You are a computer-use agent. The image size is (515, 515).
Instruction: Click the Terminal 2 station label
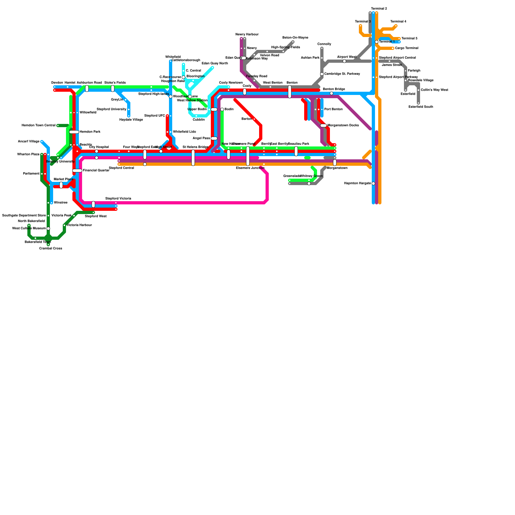tap(379, 9)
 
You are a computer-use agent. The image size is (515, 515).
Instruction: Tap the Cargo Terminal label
tap(407, 48)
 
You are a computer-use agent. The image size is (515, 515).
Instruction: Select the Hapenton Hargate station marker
tap(373, 183)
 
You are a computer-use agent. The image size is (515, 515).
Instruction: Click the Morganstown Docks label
tap(343, 126)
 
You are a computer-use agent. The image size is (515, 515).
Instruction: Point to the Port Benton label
tap(333, 109)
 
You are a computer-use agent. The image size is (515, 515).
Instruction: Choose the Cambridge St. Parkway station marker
tap(322, 74)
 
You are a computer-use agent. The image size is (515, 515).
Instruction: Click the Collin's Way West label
tap(434, 90)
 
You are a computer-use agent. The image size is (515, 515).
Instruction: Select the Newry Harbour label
tap(247, 34)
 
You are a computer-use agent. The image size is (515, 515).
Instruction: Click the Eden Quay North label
tap(215, 63)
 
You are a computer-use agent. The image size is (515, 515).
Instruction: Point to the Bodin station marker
tap(222, 109)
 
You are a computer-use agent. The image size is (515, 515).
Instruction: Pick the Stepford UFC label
tap(154, 116)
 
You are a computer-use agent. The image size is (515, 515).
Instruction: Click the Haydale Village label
tap(131, 120)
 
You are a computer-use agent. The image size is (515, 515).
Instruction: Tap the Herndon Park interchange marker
tap(74, 132)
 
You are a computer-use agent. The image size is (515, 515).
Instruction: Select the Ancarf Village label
tap(29, 142)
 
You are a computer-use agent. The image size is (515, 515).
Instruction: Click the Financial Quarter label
tap(96, 171)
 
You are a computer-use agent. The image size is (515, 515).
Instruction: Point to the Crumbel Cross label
tap(51, 248)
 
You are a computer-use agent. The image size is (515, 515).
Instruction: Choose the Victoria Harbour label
tap(79, 225)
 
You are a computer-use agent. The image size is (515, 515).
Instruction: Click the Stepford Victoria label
tap(118, 199)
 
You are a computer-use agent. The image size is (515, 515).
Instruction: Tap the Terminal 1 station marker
tap(377, 42)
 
